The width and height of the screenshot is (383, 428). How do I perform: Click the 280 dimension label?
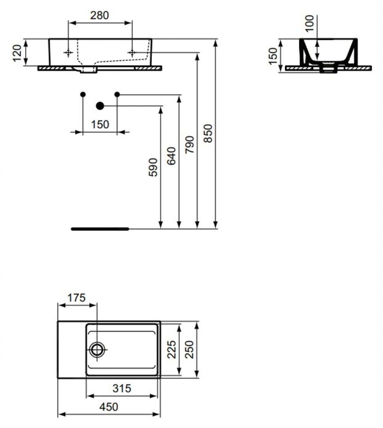click(100, 15)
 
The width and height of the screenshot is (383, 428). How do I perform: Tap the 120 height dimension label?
click(17, 53)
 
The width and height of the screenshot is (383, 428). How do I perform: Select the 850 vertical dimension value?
click(208, 133)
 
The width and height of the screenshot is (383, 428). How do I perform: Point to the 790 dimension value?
click(189, 145)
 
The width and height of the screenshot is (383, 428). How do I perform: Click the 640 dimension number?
click(171, 156)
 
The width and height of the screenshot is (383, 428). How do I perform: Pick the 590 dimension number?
click(153, 167)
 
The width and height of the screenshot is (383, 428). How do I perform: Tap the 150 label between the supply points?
click(100, 125)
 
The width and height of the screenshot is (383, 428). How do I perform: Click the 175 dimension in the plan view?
click(77, 298)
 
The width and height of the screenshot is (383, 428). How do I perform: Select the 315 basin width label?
click(122, 388)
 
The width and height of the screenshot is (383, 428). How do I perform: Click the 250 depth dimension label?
click(189, 349)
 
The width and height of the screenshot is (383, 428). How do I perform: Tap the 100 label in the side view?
click(309, 24)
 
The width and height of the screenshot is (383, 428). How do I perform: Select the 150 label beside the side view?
click(273, 56)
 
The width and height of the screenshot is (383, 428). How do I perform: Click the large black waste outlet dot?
click(100, 106)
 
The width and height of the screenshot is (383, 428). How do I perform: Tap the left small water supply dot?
click(83, 94)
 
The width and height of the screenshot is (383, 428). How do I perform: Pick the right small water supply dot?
click(117, 94)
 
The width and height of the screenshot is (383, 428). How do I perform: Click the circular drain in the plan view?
click(97, 350)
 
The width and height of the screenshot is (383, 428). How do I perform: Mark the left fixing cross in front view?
click(68, 52)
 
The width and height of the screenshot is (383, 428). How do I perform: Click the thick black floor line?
click(100, 229)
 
